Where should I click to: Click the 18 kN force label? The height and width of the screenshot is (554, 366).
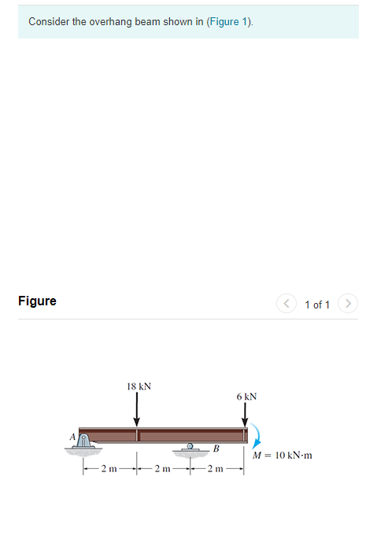click(139, 386)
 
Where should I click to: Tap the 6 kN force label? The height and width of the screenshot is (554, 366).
click(246, 397)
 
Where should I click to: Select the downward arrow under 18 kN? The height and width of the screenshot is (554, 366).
click(137, 409)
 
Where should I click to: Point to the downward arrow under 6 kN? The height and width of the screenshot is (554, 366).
click(245, 415)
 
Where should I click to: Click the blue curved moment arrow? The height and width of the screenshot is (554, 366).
click(257, 433)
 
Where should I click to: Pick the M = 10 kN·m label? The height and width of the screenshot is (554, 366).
click(283, 456)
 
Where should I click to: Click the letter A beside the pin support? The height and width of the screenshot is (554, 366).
click(72, 437)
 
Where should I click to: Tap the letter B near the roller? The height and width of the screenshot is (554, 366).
click(216, 449)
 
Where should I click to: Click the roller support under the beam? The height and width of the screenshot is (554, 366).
click(190, 449)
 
